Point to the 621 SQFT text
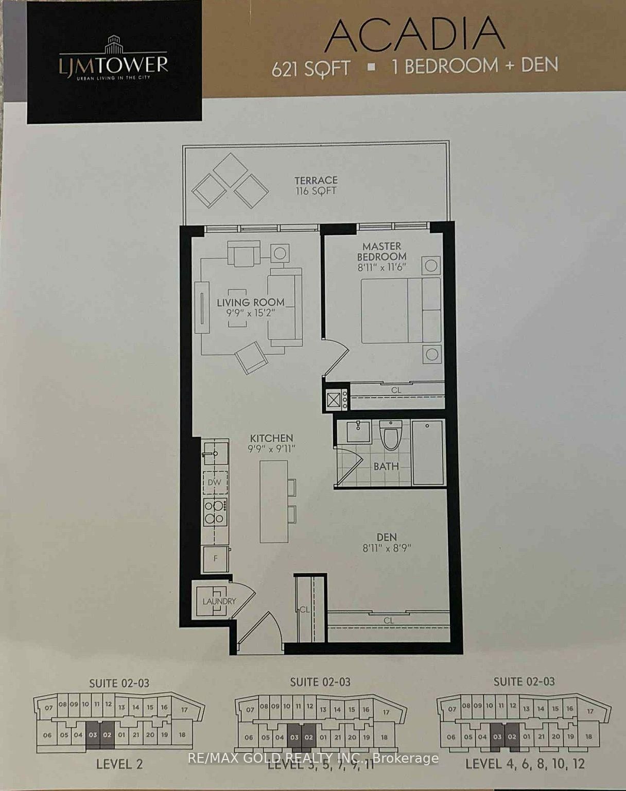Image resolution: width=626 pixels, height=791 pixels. point(311,68)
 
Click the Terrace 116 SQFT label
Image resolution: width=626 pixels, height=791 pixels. point(316,185)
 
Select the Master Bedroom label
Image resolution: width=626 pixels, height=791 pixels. point(381,251)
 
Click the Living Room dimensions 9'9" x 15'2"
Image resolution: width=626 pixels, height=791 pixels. point(251,313)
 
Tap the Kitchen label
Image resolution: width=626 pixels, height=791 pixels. point(271,438)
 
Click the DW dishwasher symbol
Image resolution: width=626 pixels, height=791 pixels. point(215,483)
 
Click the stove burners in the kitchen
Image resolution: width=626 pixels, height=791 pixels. point(215,512)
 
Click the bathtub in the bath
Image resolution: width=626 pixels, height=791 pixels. point(428,452)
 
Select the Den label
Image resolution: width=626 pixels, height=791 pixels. point(386,537)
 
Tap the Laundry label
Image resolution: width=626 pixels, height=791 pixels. point(219,601)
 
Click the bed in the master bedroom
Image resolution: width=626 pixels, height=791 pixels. point(401,311)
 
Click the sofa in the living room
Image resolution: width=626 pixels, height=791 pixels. point(284,307)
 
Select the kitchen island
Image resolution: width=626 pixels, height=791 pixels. point(273,501)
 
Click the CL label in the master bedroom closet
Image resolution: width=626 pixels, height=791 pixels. point(396,390)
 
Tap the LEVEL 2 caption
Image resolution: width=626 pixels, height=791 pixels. point(119,764)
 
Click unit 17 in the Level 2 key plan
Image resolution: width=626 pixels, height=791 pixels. point(184,709)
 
